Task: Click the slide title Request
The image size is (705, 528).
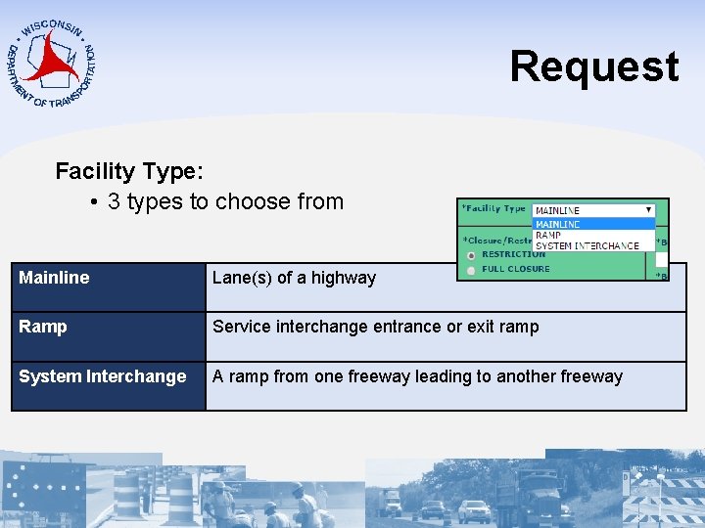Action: (593, 66)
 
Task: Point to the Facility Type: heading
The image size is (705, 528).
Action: (129, 171)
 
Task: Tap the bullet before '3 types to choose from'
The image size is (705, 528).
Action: (91, 202)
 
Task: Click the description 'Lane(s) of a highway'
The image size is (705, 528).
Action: (294, 278)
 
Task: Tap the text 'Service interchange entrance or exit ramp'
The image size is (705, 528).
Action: (375, 327)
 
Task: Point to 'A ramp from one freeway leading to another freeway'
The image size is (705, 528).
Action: (417, 376)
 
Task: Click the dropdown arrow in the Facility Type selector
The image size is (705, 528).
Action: (648, 209)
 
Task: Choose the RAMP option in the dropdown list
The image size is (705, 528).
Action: (548, 235)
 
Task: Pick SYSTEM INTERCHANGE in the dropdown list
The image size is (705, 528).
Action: (587, 245)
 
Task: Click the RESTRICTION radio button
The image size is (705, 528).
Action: (472, 255)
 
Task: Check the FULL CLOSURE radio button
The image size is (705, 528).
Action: (472, 269)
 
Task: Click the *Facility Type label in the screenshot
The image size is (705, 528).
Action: (494, 208)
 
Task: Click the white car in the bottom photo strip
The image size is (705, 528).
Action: (474, 510)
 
